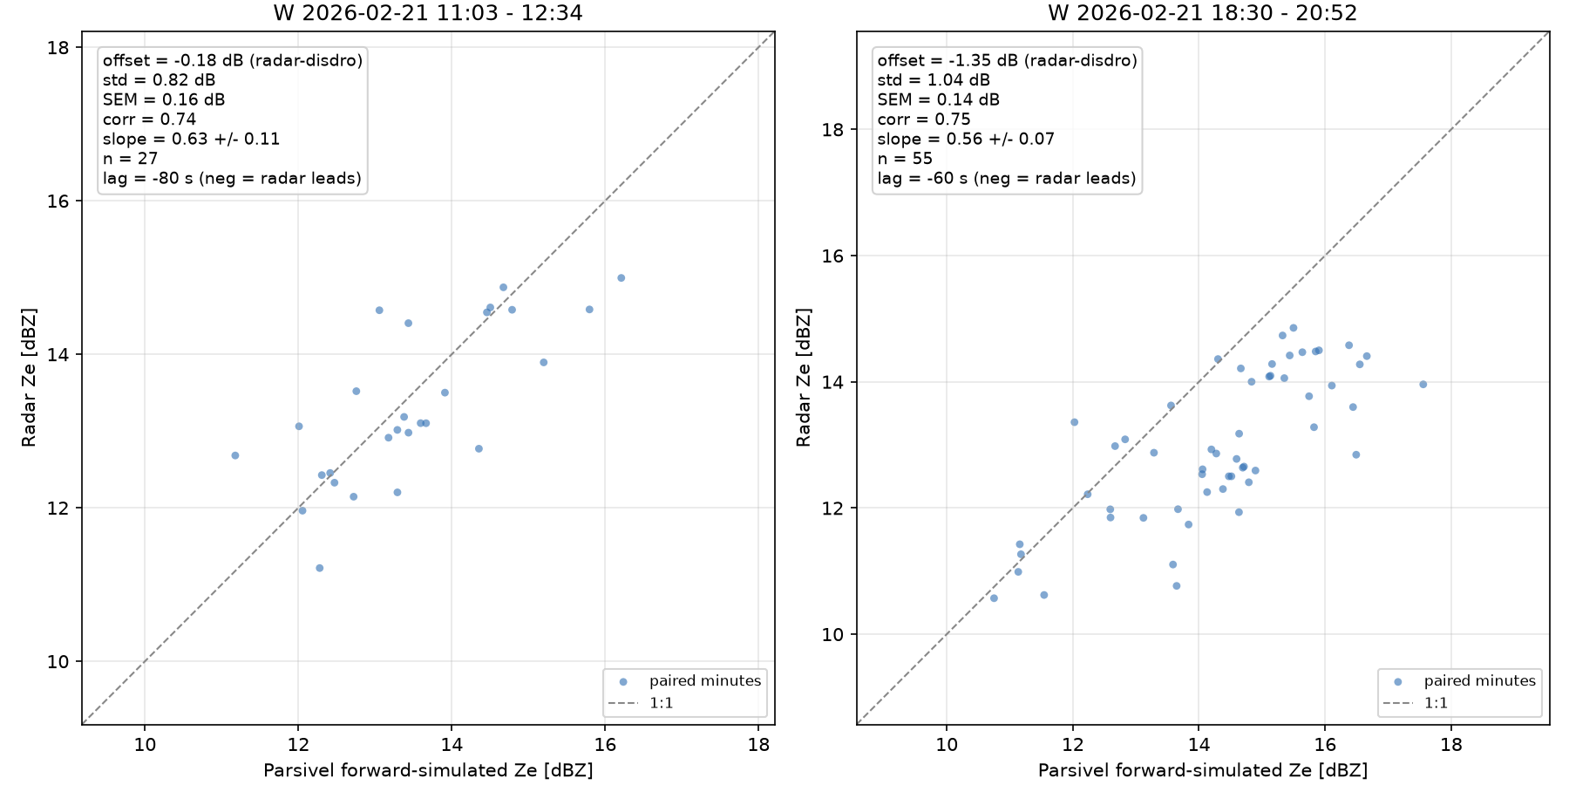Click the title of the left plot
pos(428,13)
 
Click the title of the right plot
pos(1203,13)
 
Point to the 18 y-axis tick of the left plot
pos(58,47)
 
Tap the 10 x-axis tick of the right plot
pos(947,745)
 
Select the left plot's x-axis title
pos(428,770)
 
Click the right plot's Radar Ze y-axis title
pos(804,378)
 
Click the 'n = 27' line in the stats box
pos(130,159)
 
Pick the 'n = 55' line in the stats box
pos(905,159)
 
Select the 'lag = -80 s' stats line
pos(232,179)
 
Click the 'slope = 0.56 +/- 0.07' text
pos(966,139)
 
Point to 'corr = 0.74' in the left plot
pos(149,119)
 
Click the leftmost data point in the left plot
pos(234,455)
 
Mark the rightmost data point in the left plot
pos(621,278)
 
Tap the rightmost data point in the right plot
pos(1423,384)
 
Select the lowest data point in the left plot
pos(319,568)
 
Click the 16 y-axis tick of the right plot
pos(833,256)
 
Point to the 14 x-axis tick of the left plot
pos(452,745)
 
